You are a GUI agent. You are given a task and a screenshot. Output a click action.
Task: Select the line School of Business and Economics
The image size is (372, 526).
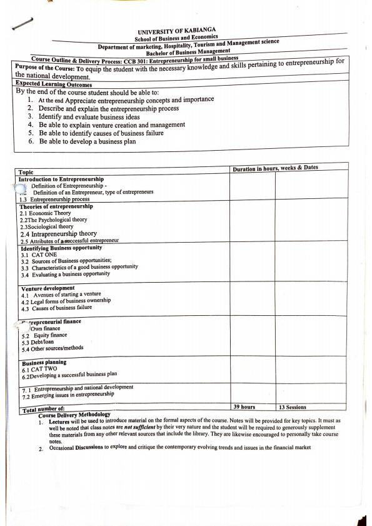tap(177, 39)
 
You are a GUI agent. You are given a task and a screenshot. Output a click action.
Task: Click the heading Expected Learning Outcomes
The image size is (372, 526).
tap(53, 84)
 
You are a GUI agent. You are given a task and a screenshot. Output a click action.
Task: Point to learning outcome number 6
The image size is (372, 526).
tap(88, 142)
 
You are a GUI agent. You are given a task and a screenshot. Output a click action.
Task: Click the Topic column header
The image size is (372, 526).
tap(26, 172)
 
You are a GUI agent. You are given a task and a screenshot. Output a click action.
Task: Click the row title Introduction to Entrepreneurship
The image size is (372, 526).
tap(61, 179)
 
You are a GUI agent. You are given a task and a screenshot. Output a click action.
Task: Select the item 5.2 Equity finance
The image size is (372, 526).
tap(44, 335)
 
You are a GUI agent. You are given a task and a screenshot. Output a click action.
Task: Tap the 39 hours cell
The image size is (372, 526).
tap(244, 407)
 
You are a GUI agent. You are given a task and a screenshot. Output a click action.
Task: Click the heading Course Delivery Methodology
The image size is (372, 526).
tap(74, 414)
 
